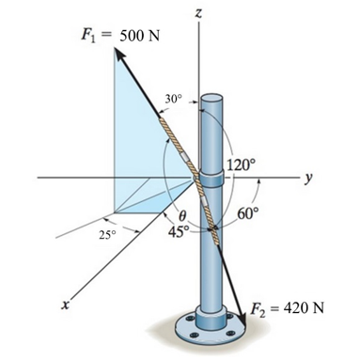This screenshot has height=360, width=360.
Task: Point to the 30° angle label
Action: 171,99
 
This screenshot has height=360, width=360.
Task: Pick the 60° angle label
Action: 247,213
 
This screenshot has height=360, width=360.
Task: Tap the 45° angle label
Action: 179,229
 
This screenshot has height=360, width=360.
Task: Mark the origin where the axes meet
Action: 197,177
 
